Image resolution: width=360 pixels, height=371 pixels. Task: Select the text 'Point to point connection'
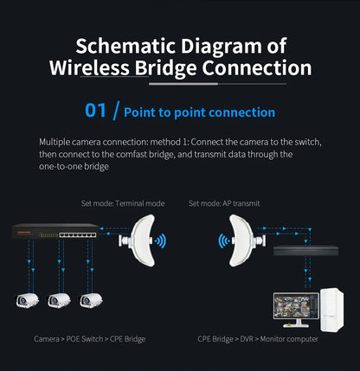coord(199,112)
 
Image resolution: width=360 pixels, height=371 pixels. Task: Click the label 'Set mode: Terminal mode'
coord(122,203)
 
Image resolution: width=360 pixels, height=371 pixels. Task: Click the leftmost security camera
coord(28,300)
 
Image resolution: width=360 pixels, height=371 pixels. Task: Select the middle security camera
coord(58,300)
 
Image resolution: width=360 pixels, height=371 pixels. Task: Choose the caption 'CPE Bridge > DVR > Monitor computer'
coord(257,339)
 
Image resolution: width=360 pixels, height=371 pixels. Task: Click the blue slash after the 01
coord(114,111)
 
